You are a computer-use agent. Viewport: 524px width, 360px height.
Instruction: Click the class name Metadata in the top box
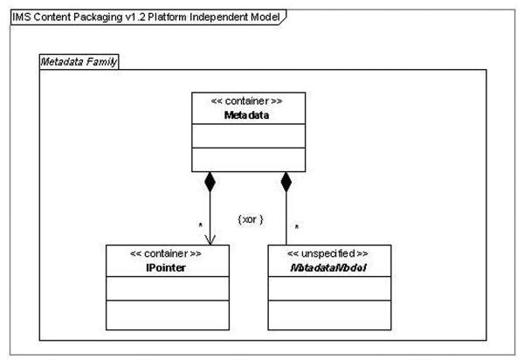tap(246, 115)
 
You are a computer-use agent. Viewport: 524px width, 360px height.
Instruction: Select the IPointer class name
tap(166, 267)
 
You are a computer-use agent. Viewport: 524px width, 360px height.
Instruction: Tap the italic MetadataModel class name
tap(329, 267)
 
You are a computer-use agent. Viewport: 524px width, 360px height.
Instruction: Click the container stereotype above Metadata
tap(246, 101)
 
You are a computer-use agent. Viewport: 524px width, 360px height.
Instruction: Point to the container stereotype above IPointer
tap(166, 253)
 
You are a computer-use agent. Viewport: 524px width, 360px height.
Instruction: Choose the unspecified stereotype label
tap(327, 253)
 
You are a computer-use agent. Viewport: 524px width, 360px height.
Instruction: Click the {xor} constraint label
tap(251, 219)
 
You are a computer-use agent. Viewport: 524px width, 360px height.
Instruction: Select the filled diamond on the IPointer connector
tap(210, 182)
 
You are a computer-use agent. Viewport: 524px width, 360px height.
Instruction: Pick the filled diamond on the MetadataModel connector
tap(286, 182)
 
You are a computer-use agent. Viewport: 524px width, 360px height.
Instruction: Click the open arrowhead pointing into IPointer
tap(210, 240)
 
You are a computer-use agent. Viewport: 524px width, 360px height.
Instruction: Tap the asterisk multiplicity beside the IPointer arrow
tap(200, 225)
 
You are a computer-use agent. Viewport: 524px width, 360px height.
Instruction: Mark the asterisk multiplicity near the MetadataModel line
tap(296, 227)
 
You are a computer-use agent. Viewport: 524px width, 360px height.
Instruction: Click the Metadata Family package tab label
tap(79, 62)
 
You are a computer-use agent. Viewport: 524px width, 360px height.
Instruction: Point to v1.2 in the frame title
tap(135, 17)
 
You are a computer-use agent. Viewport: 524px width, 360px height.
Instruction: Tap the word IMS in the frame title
tap(21, 17)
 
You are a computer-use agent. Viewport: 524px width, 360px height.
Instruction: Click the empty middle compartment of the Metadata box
tap(248, 135)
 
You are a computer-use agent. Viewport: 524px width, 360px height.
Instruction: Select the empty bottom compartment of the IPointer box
tap(168, 315)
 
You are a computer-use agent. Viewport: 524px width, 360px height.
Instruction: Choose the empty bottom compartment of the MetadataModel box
tap(329, 315)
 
